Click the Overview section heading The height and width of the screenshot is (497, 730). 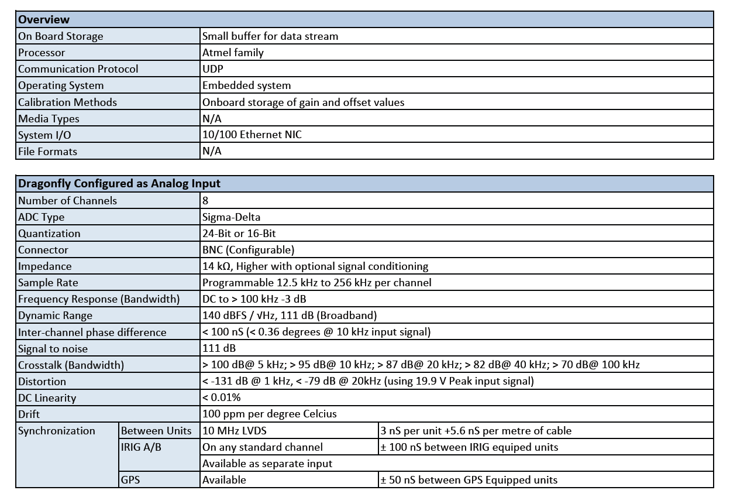[x=44, y=19]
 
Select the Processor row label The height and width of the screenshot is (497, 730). [x=42, y=53]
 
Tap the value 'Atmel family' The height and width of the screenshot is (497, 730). [x=233, y=53]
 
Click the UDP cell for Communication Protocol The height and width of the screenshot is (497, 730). [x=213, y=69]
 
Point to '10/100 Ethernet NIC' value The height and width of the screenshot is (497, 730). [x=252, y=135]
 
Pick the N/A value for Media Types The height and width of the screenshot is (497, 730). [x=212, y=118]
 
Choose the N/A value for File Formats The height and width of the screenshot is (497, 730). [x=212, y=151]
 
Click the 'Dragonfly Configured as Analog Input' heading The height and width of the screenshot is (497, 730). [x=119, y=183]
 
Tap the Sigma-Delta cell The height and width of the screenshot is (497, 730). [x=231, y=217]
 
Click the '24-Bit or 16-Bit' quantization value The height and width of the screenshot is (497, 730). [x=239, y=234]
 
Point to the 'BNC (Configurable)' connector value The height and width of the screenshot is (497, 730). [x=248, y=250]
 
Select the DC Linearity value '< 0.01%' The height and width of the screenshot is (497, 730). [x=221, y=398]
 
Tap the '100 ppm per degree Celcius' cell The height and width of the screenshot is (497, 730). [x=270, y=414]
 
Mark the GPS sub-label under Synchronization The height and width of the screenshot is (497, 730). [x=130, y=480]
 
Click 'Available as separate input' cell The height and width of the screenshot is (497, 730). [x=267, y=464]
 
